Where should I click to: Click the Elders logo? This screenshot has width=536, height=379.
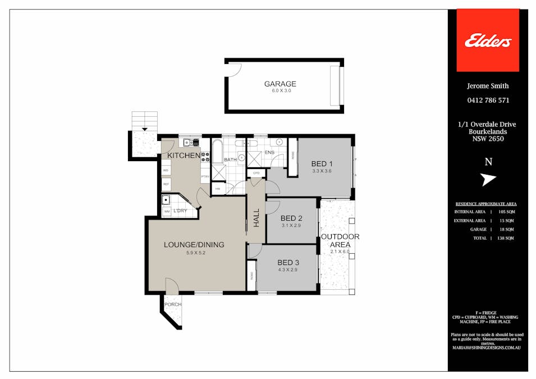coord(487,40)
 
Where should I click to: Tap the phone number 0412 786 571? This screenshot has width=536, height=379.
coord(488,101)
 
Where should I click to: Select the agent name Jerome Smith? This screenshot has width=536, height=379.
coord(488,86)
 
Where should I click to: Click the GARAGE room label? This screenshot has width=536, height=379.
coord(280,84)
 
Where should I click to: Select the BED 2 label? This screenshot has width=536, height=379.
coord(291,218)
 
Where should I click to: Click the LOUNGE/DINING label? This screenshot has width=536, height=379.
coord(194,245)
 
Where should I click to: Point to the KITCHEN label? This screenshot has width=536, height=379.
coord(183,156)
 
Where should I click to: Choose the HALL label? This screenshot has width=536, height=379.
coord(256,218)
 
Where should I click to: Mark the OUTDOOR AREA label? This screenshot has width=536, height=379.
coord(340,240)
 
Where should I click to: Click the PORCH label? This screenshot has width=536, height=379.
coord(173,304)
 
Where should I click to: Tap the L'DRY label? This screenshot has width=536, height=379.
coord(180,211)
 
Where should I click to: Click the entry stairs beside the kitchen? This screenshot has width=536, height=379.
coord(145,120)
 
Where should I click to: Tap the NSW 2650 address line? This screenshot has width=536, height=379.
coord(488,139)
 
